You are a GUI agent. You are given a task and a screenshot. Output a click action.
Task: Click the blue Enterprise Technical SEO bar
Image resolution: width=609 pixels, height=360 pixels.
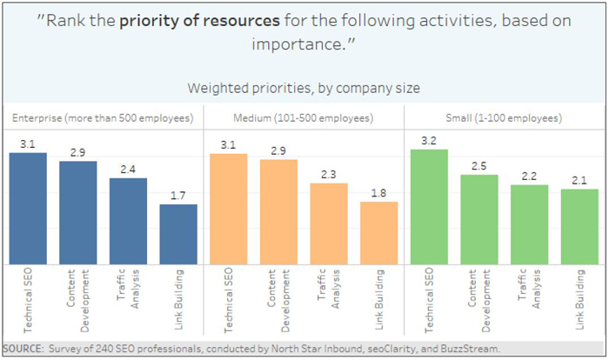pos(28,209)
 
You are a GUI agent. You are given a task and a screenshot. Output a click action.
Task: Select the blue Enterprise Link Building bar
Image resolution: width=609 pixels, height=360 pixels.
pos(177,234)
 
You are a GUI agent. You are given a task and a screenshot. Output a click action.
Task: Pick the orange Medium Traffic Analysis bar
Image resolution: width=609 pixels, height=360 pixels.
pos(329,223)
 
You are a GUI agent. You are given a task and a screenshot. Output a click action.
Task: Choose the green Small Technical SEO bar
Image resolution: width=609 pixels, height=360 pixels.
pos(429,207)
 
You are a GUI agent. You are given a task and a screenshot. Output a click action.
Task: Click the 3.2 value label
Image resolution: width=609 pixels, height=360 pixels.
pos(429,140)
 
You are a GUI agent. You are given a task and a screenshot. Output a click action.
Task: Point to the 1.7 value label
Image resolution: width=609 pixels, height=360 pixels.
pos(177,196)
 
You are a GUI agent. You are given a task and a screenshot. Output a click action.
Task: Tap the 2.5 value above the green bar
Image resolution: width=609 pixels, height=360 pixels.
pos(479,166)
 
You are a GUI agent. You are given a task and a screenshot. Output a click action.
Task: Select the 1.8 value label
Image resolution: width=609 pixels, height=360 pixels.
pos(378,193)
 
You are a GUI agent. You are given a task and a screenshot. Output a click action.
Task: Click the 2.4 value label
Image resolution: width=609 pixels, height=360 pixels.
pos(128,170)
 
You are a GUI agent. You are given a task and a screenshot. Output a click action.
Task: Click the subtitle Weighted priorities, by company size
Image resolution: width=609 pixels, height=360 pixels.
pos(304,88)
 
